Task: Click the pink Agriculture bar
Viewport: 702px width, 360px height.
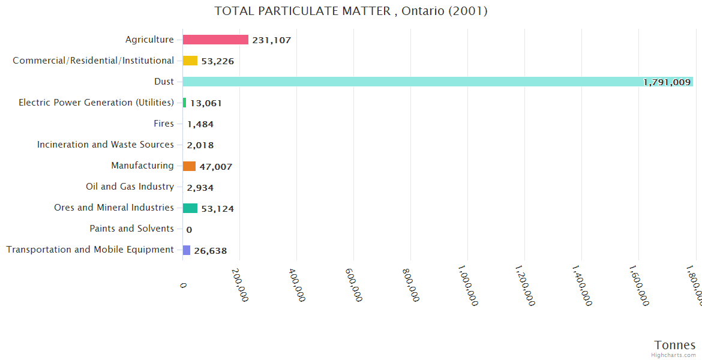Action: (x=215, y=40)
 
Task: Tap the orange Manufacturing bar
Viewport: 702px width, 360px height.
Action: (x=189, y=166)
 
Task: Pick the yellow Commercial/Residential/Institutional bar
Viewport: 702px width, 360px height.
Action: (x=190, y=61)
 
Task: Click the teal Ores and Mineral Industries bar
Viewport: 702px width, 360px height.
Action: (x=190, y=208)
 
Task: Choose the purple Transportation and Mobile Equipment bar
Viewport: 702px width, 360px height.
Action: (x=187, y=250)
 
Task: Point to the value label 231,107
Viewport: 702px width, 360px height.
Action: (x=272, y=40)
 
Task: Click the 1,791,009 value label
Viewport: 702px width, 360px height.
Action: (x=667, y=82)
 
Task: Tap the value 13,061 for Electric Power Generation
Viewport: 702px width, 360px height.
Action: (x=206, y=103)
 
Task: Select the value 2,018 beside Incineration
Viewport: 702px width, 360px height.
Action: (x=200, y=145)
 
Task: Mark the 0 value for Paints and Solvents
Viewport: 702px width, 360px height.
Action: (x=189, y=229)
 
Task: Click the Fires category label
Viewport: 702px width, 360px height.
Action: (x=164, y=124)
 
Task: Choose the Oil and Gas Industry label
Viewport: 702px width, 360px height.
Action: (x=130, y=187)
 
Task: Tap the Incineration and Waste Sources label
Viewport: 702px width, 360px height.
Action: (x=106, y=145)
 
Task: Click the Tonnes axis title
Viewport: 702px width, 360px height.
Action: (x=674, y=345)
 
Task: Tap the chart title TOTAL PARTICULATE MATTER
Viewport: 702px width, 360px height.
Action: (x=350, y=11)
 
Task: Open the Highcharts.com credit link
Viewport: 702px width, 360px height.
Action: (x=673, y=355)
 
